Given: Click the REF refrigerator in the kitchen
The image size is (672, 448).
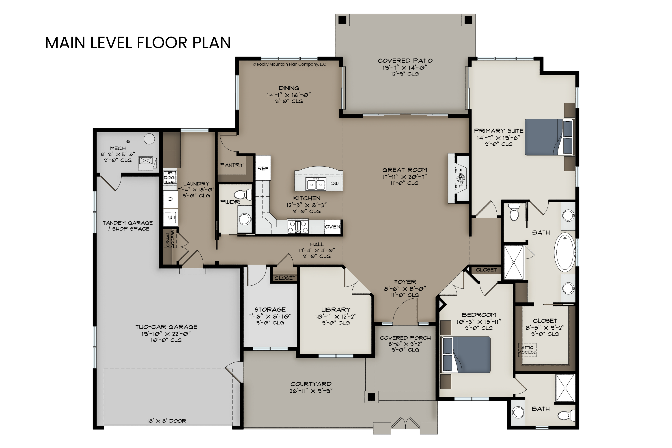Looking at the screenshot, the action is click(263, 168).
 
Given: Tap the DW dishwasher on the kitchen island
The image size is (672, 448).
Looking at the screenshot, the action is click(334, 183).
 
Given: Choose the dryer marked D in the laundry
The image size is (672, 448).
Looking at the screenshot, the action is click(170, 199).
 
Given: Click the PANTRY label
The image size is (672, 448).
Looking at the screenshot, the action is click(232, 165).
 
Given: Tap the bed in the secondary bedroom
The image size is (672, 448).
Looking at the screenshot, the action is click(466, 355).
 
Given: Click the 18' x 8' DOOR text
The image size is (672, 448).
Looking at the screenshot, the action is click(167, 421).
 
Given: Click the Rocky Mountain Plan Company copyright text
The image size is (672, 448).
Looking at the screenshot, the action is click(289, 64).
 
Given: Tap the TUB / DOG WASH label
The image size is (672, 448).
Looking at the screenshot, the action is click(170, 178).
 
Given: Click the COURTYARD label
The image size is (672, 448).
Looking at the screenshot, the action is click(311, 384).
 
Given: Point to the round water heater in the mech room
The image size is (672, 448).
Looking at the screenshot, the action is click(149, 139).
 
